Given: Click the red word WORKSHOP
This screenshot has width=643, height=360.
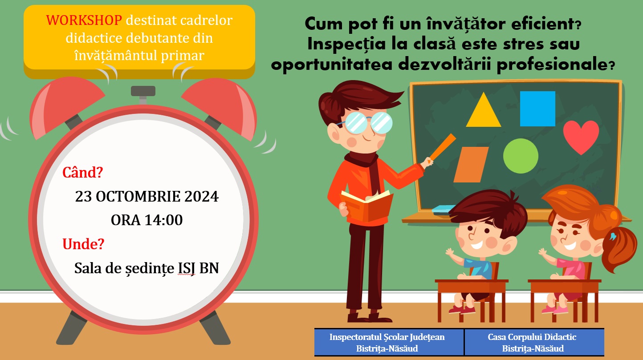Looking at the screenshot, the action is coord(84,20).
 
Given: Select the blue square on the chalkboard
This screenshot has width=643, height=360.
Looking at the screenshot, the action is coord(537,109).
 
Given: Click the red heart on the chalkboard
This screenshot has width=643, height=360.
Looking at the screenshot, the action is coord(581,136).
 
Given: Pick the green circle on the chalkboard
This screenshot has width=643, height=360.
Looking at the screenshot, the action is coord(521,156).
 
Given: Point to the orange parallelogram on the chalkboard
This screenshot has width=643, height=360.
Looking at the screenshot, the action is coord(471,165).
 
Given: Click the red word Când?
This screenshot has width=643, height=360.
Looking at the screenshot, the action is coord(83,173).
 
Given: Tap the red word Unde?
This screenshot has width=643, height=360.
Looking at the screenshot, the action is coord(83,244).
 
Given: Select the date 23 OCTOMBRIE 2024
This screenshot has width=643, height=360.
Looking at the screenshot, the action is coord(147,197).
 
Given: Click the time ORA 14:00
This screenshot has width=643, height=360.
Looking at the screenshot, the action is coord(147,220).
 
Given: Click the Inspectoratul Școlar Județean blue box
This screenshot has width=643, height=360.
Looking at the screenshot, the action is coord(389,343).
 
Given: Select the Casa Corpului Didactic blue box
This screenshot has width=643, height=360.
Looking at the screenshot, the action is coord(534,343).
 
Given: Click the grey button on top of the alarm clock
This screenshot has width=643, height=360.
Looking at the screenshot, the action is coord(143,91).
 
